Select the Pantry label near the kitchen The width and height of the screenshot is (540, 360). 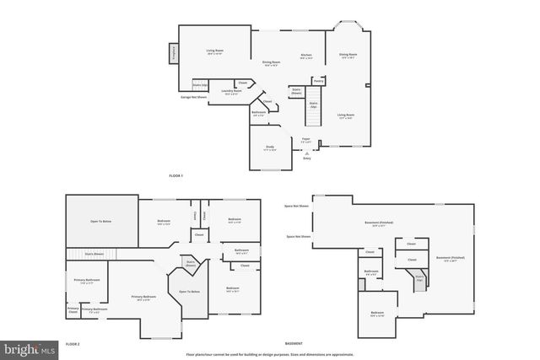pyautogui.click(x=319, y=81)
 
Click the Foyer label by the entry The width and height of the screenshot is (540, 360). pyautogui.click(x=306, y=140)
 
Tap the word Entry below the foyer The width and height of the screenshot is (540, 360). pyautogui.click(x=307, y=158)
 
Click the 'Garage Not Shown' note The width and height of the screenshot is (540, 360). pyautogui.click(x=193, y=97)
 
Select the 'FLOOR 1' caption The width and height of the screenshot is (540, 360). pyautogui.click(x=175, y=175)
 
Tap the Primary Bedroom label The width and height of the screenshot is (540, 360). pyautogui.click(x=143, y=298)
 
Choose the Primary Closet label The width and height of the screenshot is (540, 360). pyautogui.click(x=73, y=310)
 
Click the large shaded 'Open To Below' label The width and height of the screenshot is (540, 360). pyautogui.click(x=102, y=222)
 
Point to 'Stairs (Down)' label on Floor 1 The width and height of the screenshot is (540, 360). pyautogui.click(x=297, y=90)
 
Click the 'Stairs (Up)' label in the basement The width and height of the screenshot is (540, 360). pyautogui.click(x=419, y=278)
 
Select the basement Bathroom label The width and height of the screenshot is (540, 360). pyautogui.click(x=371, y=271)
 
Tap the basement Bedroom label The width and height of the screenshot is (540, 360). pyautogui.click(x=377, y=314)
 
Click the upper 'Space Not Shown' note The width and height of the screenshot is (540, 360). pyautogui.click(x=296, y=206)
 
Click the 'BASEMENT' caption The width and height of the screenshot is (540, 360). pyautogui.click(x=294, y=344)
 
